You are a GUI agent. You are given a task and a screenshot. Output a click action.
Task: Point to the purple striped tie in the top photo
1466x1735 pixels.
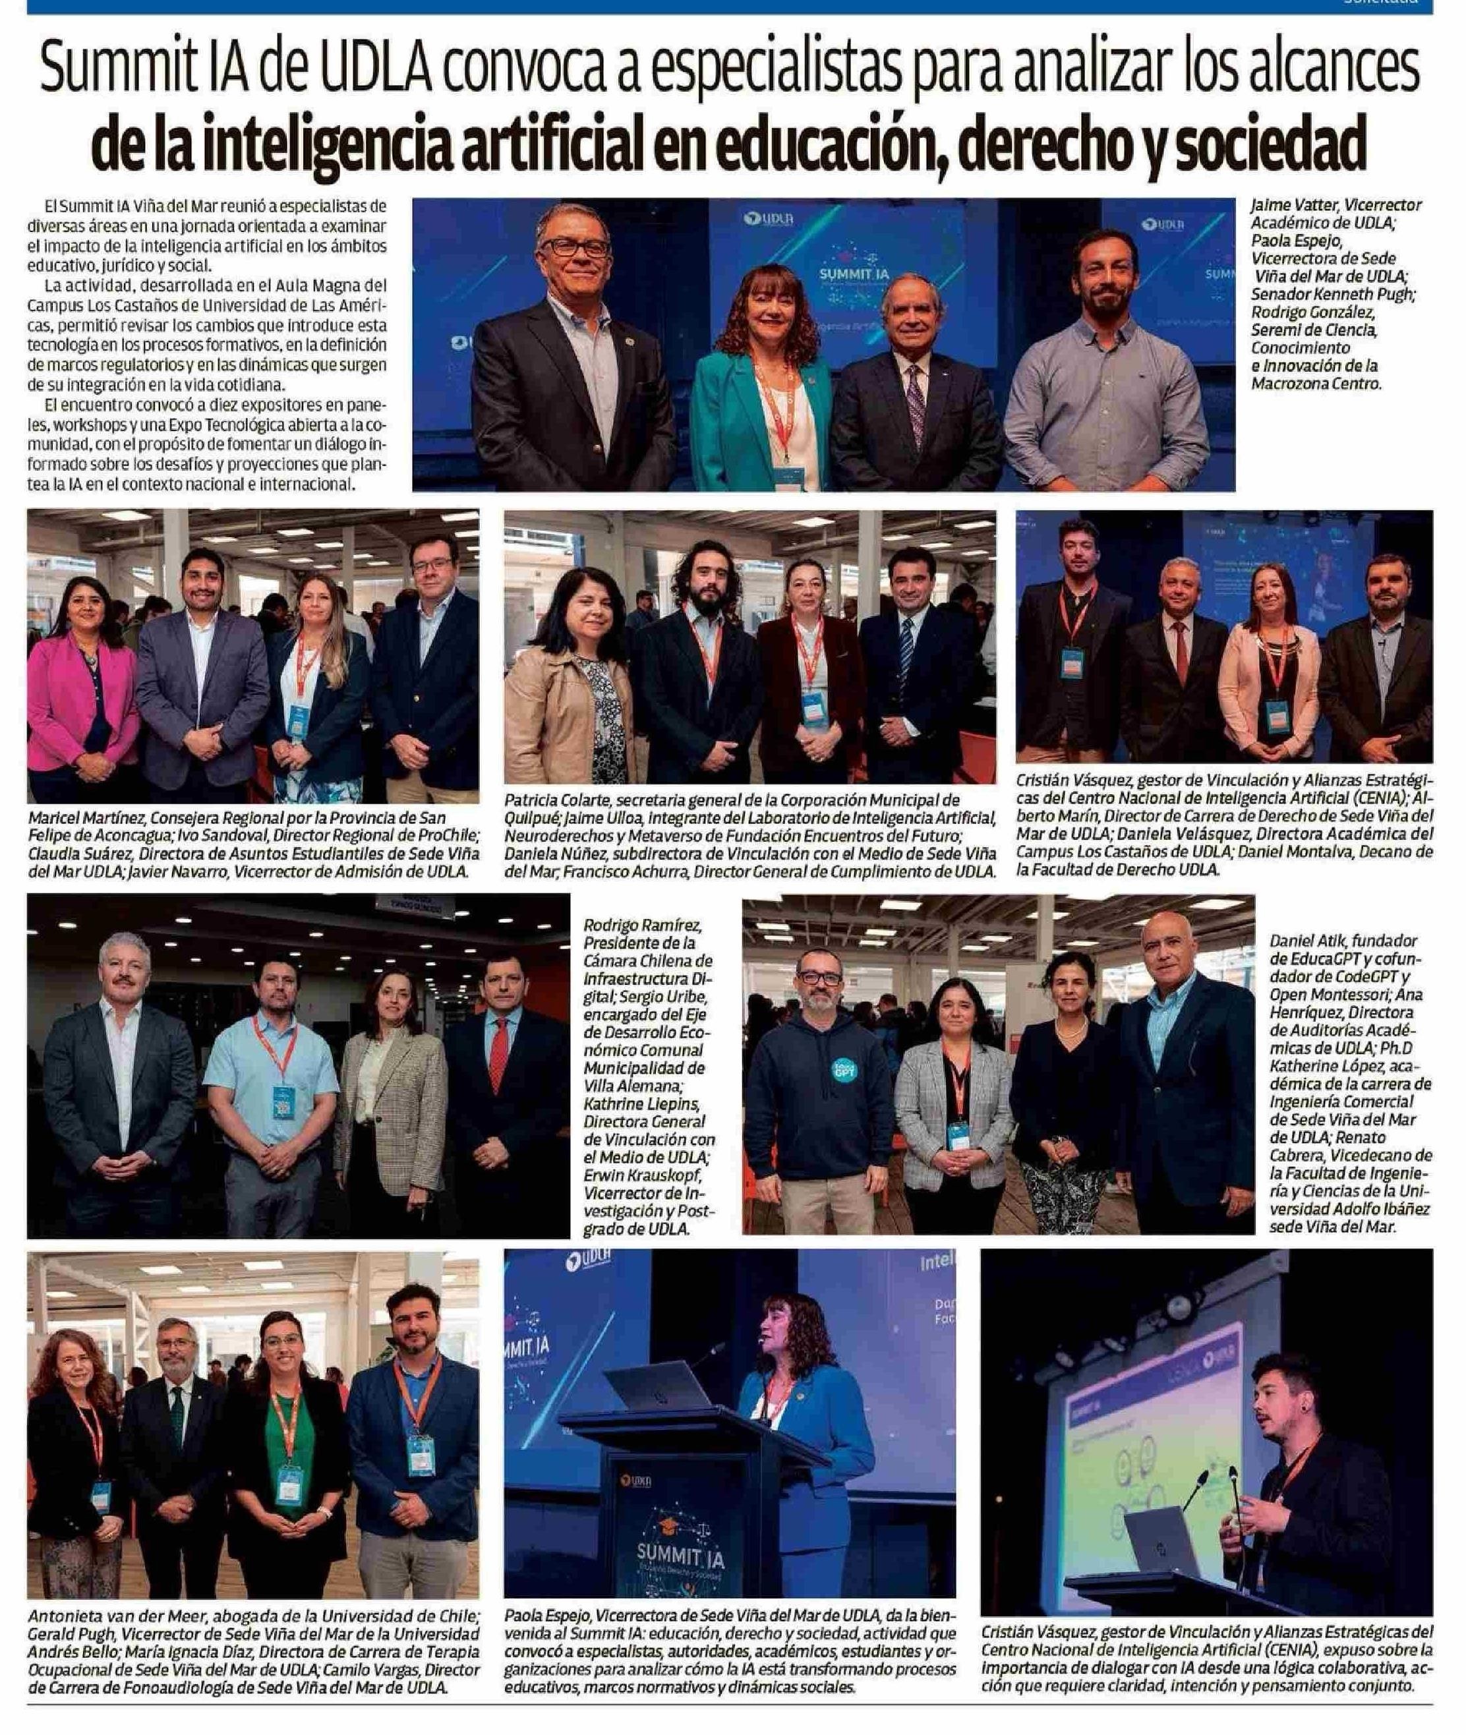coord(915,399)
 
